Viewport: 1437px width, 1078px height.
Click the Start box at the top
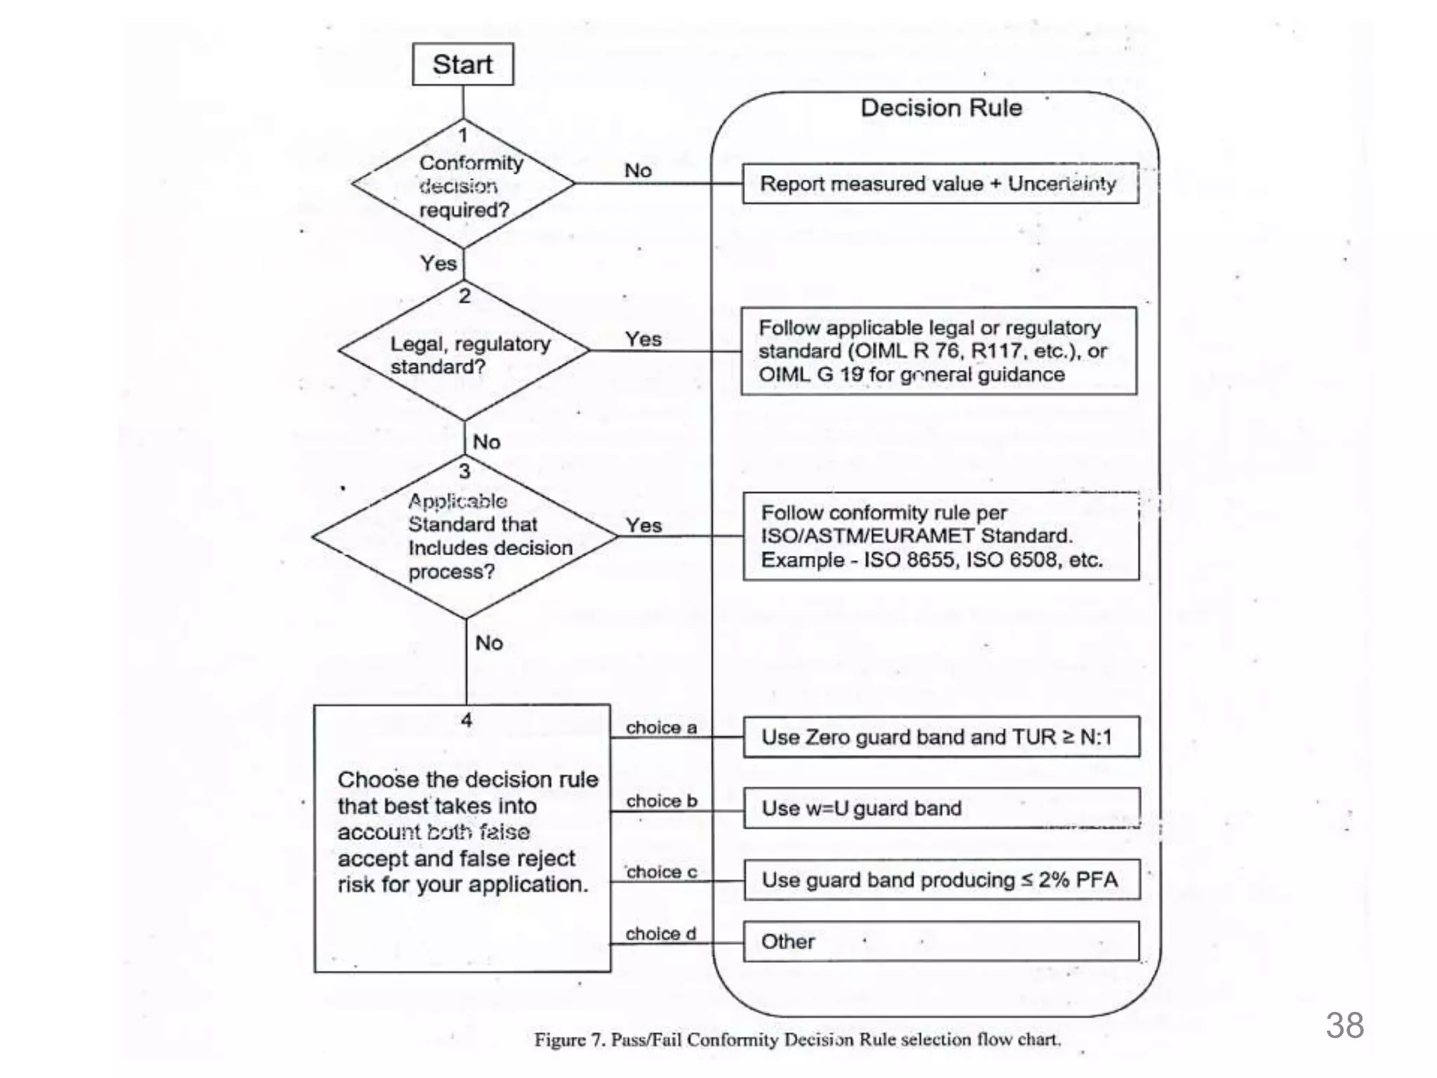point(462,65)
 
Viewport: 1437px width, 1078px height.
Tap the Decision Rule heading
point(941,108)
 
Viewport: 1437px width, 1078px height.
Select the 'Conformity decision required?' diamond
point(463,185)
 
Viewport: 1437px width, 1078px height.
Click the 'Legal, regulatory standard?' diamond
point(464,351)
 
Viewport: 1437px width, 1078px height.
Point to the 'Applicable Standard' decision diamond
point(465,537)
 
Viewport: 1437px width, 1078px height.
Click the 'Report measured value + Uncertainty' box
point(940,184)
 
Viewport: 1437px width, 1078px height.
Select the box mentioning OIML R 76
point(939,351)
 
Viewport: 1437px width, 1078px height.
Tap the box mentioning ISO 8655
point(940,536)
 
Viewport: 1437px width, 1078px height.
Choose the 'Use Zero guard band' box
point(941,737)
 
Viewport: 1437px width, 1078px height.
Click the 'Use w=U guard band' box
point(941,808)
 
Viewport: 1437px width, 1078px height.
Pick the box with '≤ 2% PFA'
point(941,880)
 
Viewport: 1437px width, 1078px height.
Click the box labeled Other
point(941,941)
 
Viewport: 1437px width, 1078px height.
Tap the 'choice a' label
point(661,728)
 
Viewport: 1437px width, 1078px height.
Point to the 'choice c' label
point(661,872)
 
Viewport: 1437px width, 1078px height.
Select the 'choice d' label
point(660,933)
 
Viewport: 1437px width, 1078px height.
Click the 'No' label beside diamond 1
point(638,171)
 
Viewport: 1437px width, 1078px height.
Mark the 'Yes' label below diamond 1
point(438,263)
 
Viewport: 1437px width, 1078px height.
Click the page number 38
point(1344,1025)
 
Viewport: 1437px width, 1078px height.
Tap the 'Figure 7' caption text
point(797,1039)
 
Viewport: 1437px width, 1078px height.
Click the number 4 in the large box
point(466,720)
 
